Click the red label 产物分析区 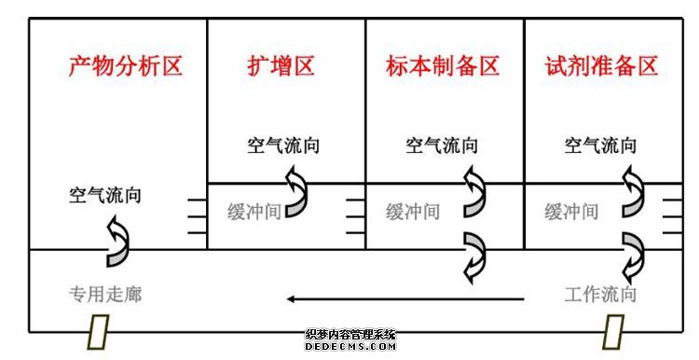pos(125,67)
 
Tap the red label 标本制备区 pos(443,67)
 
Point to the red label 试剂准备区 pos(601,67)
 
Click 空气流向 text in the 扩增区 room pos(284,145)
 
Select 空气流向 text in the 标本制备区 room pos(443,145)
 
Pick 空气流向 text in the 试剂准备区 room pos(601,145)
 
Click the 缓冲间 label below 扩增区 pos(254,212)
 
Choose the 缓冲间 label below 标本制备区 pos(413,212)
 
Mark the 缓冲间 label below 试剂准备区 pos(571,212)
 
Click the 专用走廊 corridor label pos(105,295)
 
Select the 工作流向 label pos(601,295)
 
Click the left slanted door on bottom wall pos(99,331)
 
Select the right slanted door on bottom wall pos(612,331)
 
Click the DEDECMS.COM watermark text pos(350,346)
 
